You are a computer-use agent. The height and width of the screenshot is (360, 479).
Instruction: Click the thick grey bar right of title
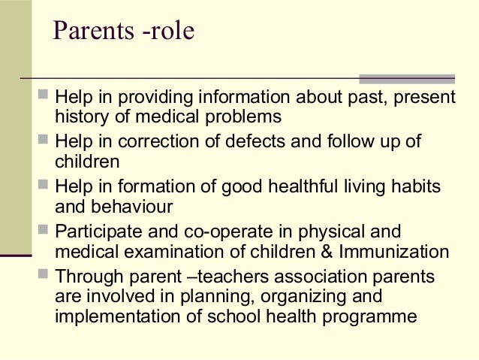pos(406,77)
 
